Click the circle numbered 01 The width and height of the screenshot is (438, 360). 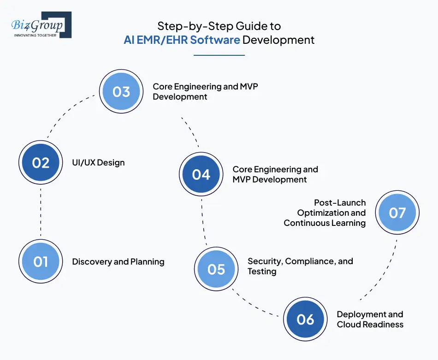coord(41,261)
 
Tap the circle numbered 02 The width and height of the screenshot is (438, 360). coord(41,163)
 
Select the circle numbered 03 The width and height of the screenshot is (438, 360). coord(121,92)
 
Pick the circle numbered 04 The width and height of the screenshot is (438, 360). coord(201,174)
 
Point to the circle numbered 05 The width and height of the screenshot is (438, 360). coord(216,269)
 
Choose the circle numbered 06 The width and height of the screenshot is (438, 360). coord(305,319)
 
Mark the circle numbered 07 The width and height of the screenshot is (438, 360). coord(397,212)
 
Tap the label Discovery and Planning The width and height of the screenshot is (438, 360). coord(118,261)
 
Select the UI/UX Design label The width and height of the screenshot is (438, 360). coord(98,163)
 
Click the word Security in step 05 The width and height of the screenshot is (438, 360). coord(265,261)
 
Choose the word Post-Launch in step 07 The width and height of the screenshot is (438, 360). coord(340,202)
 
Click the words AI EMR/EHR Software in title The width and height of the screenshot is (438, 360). coord(182,40)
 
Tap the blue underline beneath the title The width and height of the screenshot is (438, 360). coord(219,55)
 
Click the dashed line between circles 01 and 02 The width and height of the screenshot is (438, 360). coord(41,212)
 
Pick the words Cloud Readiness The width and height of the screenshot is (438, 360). coord(370,325)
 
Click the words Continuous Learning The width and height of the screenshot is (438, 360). coord(325,223)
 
